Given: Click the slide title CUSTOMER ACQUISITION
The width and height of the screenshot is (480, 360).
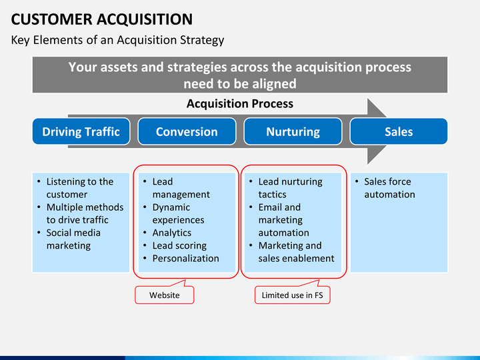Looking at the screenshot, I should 102,19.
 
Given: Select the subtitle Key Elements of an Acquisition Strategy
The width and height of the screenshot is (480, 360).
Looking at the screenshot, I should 117,40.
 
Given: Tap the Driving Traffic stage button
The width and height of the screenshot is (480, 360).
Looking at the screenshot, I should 81,131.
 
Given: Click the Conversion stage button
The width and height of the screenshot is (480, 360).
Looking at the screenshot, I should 187,131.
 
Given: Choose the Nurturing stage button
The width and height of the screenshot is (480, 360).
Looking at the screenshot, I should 293,131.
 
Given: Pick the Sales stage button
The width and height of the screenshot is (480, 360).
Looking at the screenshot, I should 399,131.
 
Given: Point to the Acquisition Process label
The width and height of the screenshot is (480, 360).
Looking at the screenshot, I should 239,103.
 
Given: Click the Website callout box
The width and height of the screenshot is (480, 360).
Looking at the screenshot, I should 164,295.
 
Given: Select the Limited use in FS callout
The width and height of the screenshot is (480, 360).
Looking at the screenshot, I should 292,295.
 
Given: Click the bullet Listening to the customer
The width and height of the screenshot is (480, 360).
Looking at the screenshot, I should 79,188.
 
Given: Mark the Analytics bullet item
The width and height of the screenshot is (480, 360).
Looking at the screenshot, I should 171,233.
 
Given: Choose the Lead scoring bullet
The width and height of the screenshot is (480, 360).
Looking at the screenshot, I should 179,245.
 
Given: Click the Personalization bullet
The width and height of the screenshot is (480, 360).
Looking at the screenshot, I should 185,258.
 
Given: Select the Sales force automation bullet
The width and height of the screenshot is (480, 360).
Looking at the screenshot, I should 389,188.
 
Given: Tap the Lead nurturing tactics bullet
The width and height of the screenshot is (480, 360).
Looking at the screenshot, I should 289,188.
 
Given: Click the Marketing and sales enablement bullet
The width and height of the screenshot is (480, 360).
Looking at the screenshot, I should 296,252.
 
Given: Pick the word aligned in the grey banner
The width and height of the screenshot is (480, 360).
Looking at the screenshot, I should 274,84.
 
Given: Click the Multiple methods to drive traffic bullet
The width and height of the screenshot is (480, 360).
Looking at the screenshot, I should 84,213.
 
